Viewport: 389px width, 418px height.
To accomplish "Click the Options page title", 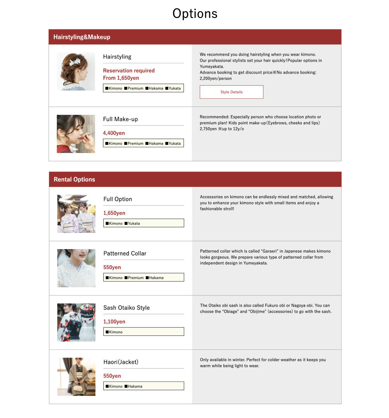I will (195, 14).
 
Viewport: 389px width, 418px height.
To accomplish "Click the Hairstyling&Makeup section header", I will (82, 37).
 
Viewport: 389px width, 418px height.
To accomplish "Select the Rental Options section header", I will (74, 179).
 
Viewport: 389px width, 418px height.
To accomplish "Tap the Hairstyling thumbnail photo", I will (76, 71).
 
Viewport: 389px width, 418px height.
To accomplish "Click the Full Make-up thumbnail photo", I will (76, 134).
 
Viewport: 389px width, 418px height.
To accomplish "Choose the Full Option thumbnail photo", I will (76, 214).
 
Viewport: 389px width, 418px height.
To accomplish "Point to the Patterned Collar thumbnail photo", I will (76, 268).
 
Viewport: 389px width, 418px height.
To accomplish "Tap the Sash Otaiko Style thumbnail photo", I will (76, 322).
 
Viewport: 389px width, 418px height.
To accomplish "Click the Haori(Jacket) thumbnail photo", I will (76, 377).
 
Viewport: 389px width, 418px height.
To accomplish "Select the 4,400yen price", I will (114, 133).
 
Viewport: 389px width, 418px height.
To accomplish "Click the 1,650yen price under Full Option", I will (114, 213).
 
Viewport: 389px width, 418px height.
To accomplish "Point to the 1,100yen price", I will (114, 322).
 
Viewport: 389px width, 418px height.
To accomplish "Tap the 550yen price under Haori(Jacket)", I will (112, 376).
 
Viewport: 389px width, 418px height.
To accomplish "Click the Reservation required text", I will (129, 71).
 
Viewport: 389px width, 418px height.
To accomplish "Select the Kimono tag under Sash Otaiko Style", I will (114, 332).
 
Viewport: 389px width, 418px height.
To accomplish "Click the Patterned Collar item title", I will (125, 253).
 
